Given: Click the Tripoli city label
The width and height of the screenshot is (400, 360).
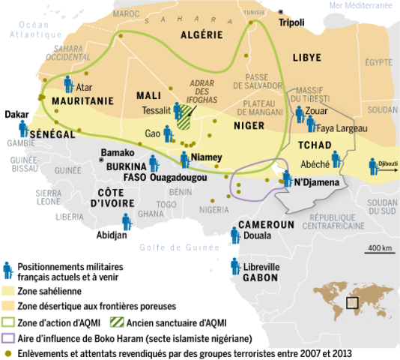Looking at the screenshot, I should (x=292, y=23).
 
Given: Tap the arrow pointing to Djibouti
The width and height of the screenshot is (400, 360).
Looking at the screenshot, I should (x=387, y=170).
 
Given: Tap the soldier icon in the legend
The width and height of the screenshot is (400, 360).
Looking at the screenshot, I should (x=8, y=271).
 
